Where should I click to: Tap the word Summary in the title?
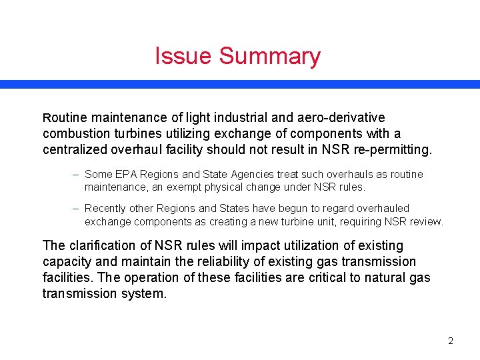[x=270, y=57]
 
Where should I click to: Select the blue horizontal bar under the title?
[x=240, y=85]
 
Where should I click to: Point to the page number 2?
[x=451, y=341]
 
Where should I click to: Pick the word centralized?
[x=77, y=149]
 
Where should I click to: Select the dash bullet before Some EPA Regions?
[x=77, y=174]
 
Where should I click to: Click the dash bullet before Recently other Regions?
[x=77, y=209]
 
